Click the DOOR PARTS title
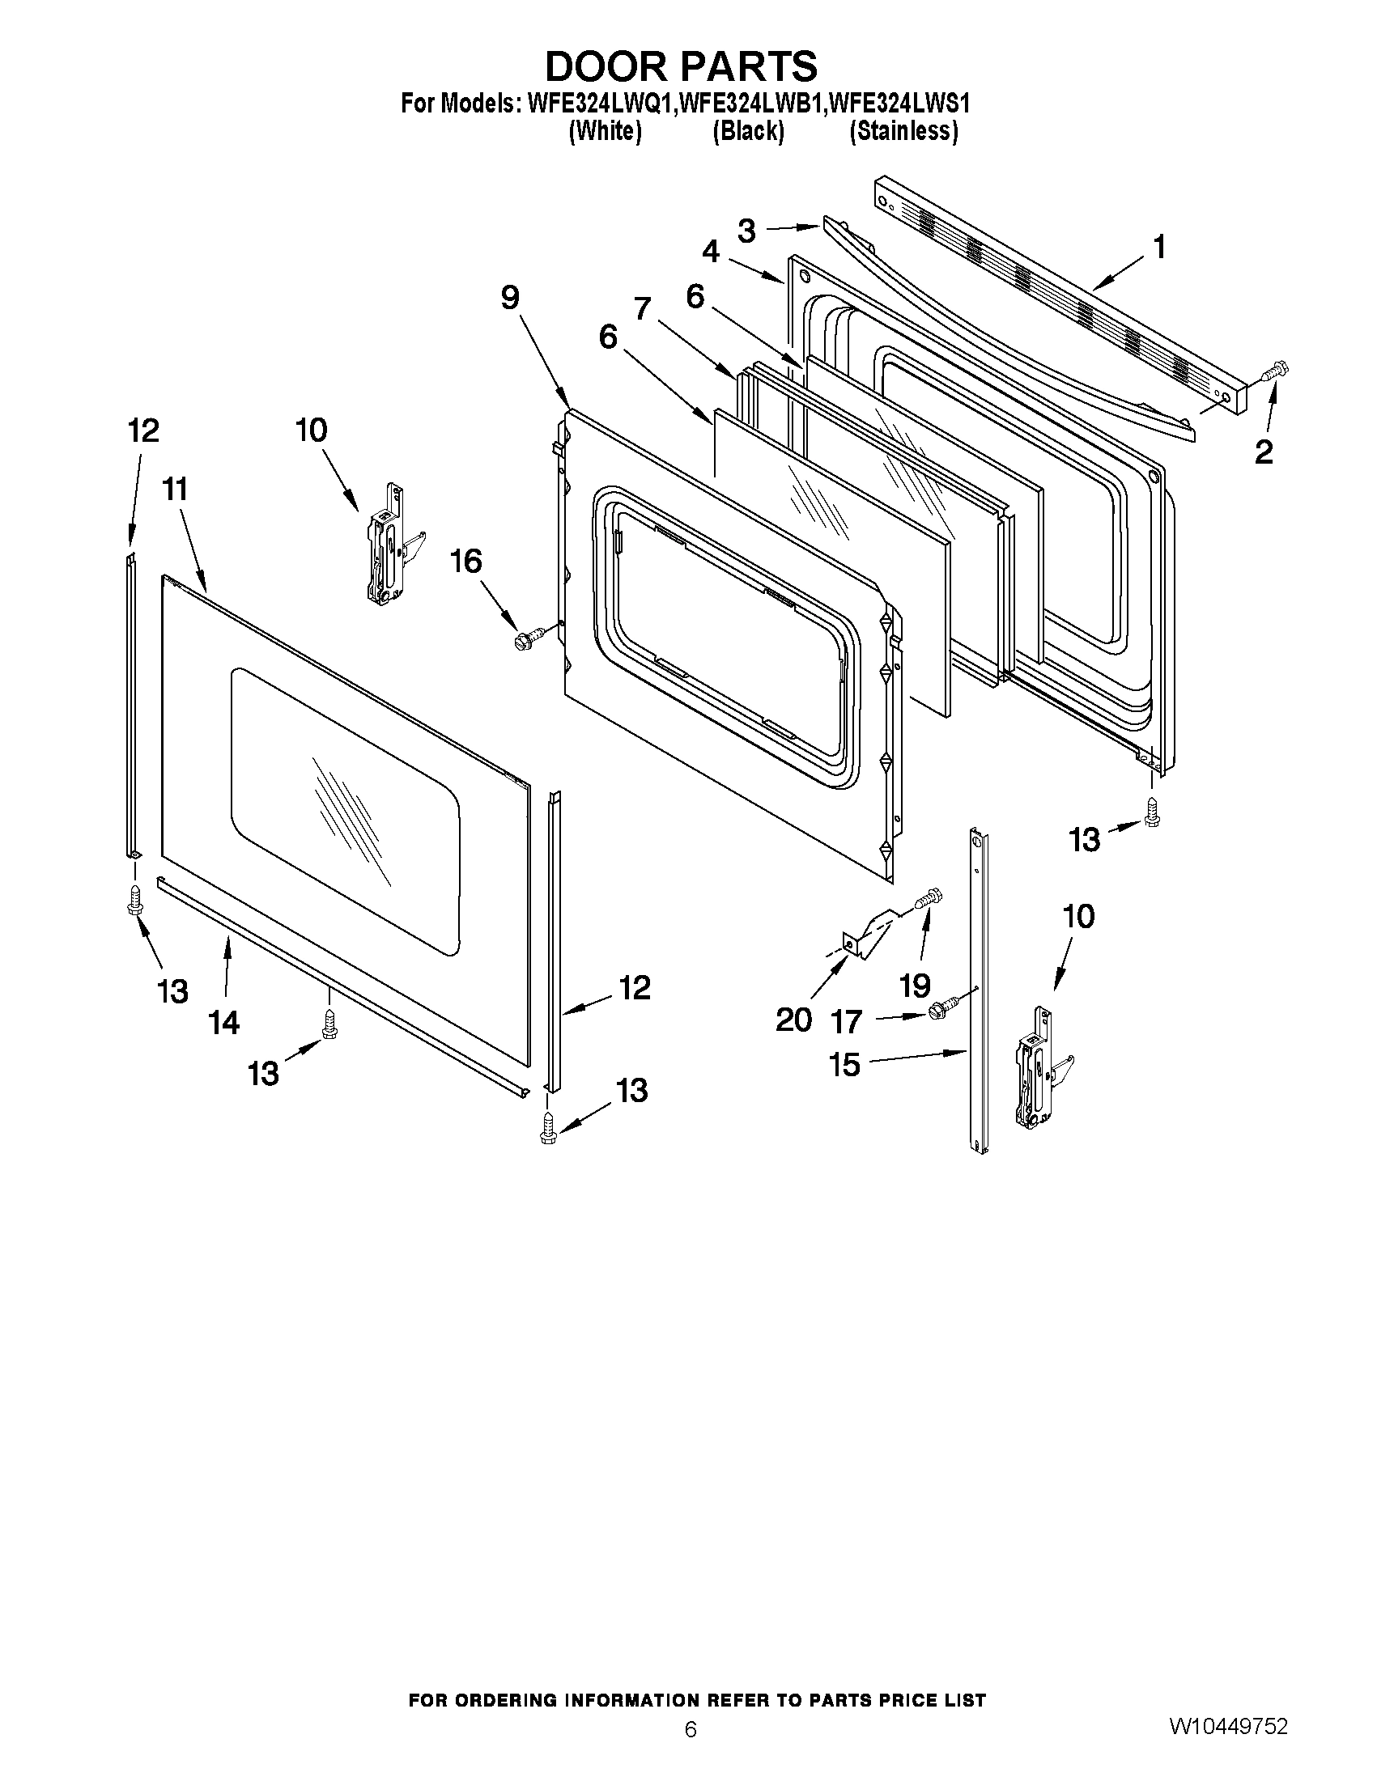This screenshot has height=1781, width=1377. point(680,66)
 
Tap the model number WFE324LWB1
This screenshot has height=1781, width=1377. point(751,104)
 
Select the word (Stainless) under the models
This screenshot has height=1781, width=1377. point(903,130)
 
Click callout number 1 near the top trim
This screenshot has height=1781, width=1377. point(1158,247)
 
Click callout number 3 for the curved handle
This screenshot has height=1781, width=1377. point(746,231)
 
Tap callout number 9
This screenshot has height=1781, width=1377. point(509,298)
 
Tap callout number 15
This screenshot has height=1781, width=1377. point(845,1064)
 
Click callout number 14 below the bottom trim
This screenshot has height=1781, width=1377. point(223,1021)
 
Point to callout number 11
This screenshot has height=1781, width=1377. point(175,490)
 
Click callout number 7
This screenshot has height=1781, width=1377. point(643,309)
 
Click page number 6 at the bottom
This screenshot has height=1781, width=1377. point(691,1730)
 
